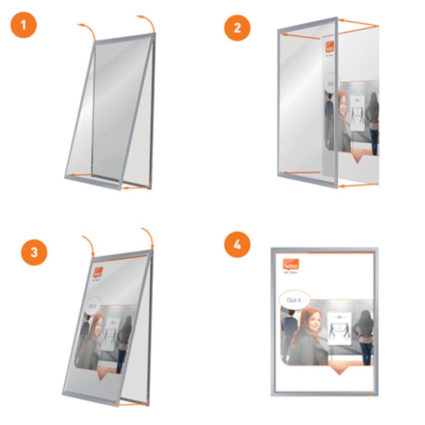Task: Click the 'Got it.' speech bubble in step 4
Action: (295, 300)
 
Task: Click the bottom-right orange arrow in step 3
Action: (133, 405)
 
